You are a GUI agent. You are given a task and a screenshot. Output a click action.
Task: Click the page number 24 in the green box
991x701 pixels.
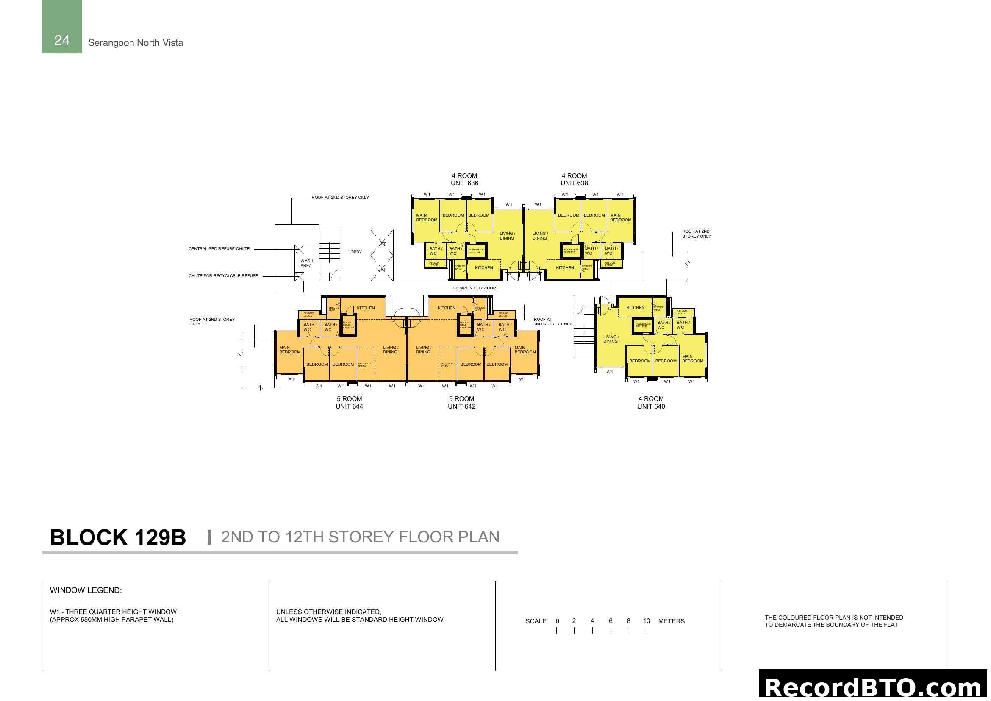(62, 40)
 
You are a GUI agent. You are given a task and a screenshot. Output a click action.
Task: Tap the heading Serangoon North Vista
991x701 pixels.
(136, 43)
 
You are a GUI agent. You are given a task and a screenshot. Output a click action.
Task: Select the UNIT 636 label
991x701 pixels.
(464, 183)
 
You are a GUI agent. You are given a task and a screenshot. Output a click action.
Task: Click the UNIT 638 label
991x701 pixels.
(574, 183)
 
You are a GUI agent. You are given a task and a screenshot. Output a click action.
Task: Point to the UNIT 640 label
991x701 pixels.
(651, 406)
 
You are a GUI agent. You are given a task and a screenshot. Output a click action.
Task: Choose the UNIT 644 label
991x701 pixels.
(349, 406)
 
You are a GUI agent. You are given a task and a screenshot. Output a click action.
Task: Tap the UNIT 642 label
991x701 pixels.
(461, 406)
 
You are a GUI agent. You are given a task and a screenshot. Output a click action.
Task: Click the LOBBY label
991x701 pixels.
(355, 252)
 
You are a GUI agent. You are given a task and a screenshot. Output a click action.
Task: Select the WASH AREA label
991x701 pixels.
(306, 263)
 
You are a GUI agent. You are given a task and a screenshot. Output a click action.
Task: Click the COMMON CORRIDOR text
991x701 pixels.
(475, 288)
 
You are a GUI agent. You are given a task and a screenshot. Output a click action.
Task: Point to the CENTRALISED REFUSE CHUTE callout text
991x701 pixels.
(219, 249)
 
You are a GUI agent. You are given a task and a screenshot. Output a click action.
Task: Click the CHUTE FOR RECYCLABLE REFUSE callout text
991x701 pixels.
(223, 276)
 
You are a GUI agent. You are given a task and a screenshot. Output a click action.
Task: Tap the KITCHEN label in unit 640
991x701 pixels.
(636, 308)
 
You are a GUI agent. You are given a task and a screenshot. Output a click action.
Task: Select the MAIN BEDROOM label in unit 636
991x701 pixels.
(427, 217)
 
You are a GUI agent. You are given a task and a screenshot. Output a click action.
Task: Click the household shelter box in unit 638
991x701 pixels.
(572, 251)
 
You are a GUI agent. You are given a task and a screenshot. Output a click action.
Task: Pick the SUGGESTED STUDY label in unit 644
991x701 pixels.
(366, 365)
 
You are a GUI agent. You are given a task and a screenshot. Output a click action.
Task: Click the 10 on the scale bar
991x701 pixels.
(646, 621)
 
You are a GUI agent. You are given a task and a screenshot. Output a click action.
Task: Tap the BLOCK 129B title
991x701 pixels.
(118, 537)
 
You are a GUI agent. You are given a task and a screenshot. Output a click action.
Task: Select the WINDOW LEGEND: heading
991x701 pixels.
(86, 590)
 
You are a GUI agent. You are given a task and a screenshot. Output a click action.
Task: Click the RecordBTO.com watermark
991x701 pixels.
(874, 686)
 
